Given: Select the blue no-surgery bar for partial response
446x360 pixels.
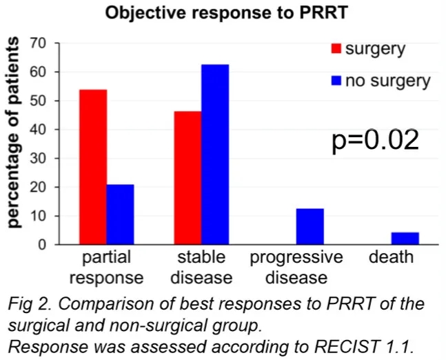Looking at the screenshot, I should pos(121,214).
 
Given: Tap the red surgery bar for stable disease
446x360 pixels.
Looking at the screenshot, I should pos(187,178).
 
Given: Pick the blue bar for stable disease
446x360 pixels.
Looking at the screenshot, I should pos(215,154).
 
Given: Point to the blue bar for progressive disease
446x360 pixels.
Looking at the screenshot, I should pos(310,226).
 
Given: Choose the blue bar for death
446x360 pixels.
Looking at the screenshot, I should pos(405,239).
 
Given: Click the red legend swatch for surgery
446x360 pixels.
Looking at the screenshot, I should pos(336,49).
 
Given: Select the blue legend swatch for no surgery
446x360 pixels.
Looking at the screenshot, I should pos(336,81).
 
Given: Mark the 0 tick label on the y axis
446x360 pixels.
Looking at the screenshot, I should pos(42,245).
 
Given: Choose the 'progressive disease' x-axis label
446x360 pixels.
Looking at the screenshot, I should pos(296,268).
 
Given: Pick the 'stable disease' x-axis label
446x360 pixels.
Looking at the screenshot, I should pos(201,268).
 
